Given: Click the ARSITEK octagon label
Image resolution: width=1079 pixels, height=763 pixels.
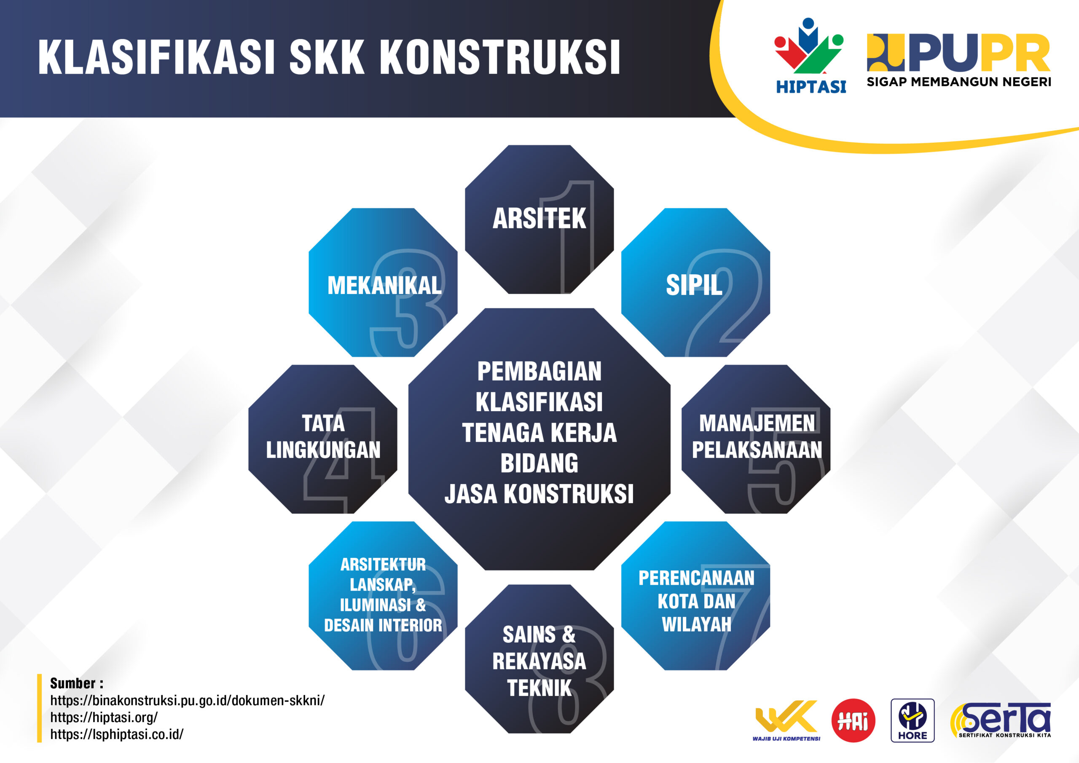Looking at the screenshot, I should [539, 219].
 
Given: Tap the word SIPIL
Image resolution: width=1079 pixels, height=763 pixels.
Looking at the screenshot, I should [694, 285].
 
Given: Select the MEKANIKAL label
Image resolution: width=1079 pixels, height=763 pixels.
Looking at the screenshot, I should [384, 286].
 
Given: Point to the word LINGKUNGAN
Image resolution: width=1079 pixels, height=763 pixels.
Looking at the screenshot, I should [323, 450].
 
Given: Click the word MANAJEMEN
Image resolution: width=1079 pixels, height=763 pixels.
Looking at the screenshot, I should [757, 423].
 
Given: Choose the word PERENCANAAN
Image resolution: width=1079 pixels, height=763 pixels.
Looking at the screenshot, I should [696, 578].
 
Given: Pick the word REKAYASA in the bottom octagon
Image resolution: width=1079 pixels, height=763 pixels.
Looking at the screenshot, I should [539, 661].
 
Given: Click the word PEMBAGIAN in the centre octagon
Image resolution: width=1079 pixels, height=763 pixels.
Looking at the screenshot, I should [539, 372].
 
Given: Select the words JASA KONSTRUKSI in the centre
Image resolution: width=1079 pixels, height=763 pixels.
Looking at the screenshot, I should [539, 494].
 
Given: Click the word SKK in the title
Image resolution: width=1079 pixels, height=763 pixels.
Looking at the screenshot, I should [327, 57].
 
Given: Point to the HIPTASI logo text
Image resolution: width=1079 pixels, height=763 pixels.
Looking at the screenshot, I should [811, 87].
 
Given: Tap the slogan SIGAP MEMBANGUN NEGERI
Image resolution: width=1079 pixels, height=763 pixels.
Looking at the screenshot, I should [959, 82].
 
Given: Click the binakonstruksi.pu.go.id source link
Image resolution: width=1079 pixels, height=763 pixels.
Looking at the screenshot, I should [187, 701].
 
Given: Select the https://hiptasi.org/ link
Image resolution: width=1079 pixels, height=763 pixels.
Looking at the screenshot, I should [104, 717].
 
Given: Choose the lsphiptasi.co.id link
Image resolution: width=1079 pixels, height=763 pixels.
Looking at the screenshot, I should [117, 734].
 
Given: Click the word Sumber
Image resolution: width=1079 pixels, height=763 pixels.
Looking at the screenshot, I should [73, 683].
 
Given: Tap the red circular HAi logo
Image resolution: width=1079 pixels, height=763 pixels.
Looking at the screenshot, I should [853, 720].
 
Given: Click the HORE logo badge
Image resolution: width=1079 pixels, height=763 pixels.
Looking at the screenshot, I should [912, 720].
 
